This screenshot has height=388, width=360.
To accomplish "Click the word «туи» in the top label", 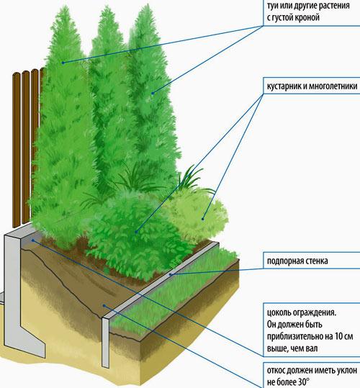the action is click(273, 6).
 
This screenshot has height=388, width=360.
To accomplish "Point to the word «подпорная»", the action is click(284, 261).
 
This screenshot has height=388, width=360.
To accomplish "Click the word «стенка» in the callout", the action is click(315, 261).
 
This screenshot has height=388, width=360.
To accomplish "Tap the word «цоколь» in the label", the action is click(279, 312).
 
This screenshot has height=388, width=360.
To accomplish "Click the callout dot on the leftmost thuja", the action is click(63, 63).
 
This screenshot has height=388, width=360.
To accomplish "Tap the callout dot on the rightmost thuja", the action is click(153, 94).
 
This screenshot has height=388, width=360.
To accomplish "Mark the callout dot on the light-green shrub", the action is click(202, 219).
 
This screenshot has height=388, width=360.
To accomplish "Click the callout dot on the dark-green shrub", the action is click(136, 232).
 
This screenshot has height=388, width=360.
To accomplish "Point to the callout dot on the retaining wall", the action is click(170, 274).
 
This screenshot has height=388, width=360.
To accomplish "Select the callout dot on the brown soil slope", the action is click(104, 306).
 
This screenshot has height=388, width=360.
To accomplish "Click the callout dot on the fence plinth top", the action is click(33, 240).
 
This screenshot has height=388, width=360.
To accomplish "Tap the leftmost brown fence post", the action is click(16, 150).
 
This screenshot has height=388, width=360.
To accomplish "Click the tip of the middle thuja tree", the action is click(108, 6).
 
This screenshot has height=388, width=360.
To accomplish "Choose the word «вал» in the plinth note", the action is click(312, 348).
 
